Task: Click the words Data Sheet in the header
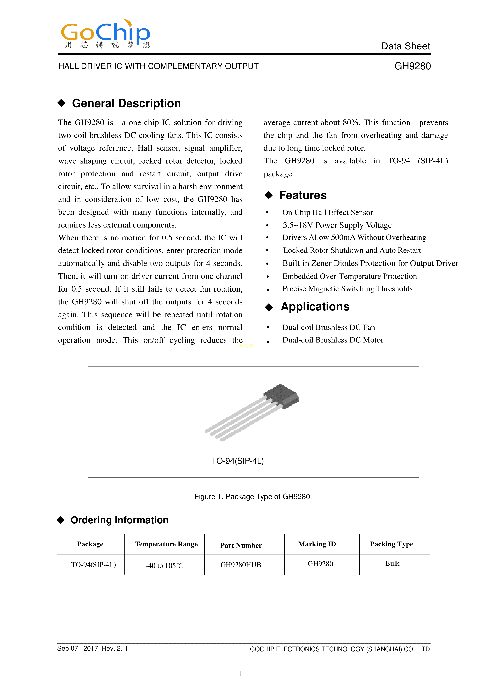(x=405, y=46)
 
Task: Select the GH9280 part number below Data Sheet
(x=412, y=66)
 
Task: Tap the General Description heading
(x=126, y=103)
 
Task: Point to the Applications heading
(x=315, y=307)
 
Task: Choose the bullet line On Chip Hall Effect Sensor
(x=327, y=212)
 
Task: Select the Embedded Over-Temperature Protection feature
(x=349, y=276)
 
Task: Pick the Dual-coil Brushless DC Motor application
(x=333, y=340)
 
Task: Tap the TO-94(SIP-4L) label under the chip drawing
(x=238, y=461)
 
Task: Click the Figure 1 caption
(x=252, y=497)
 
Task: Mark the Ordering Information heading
(x=119, y=520)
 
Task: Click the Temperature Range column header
(x=166, y=544)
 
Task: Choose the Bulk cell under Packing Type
(x=392, y=563)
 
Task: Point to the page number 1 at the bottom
(x=240, y=673)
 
